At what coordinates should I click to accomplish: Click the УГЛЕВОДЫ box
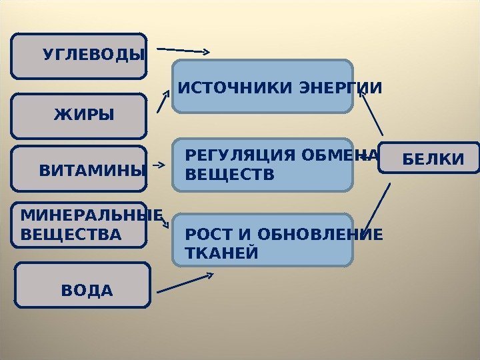[79, 56]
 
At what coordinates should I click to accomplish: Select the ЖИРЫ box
[79, 115]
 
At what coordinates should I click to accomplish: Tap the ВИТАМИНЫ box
[79, 171]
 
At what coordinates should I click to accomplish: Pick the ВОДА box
[83, 285]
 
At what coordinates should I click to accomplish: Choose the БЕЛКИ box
[429, 158]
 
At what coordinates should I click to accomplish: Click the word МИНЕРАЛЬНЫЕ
[91, 215]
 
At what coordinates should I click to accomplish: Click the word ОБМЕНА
[341, 157]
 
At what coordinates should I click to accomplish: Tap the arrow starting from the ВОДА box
[185, 283]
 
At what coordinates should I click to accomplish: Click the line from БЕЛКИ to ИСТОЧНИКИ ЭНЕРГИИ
[371, 115]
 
